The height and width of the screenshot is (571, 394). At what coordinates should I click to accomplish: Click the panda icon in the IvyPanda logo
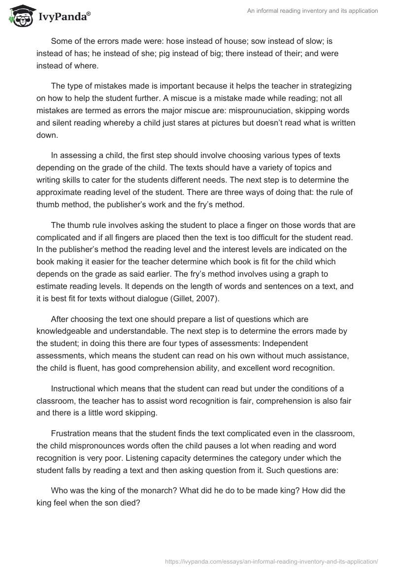(19, 17)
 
